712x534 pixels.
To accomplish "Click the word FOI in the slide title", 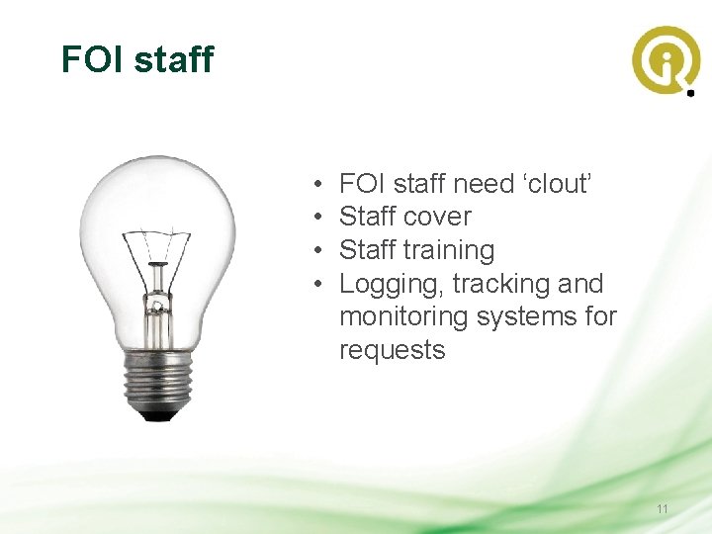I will pyautogui.click(x=92, y=59).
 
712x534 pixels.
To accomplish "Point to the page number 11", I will pyautogui.click(x=663, y=509).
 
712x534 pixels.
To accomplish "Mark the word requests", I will pyautogui.click(x=392, y=351).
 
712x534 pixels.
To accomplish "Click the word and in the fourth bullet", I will pyautogui.click(x=580, y=284).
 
